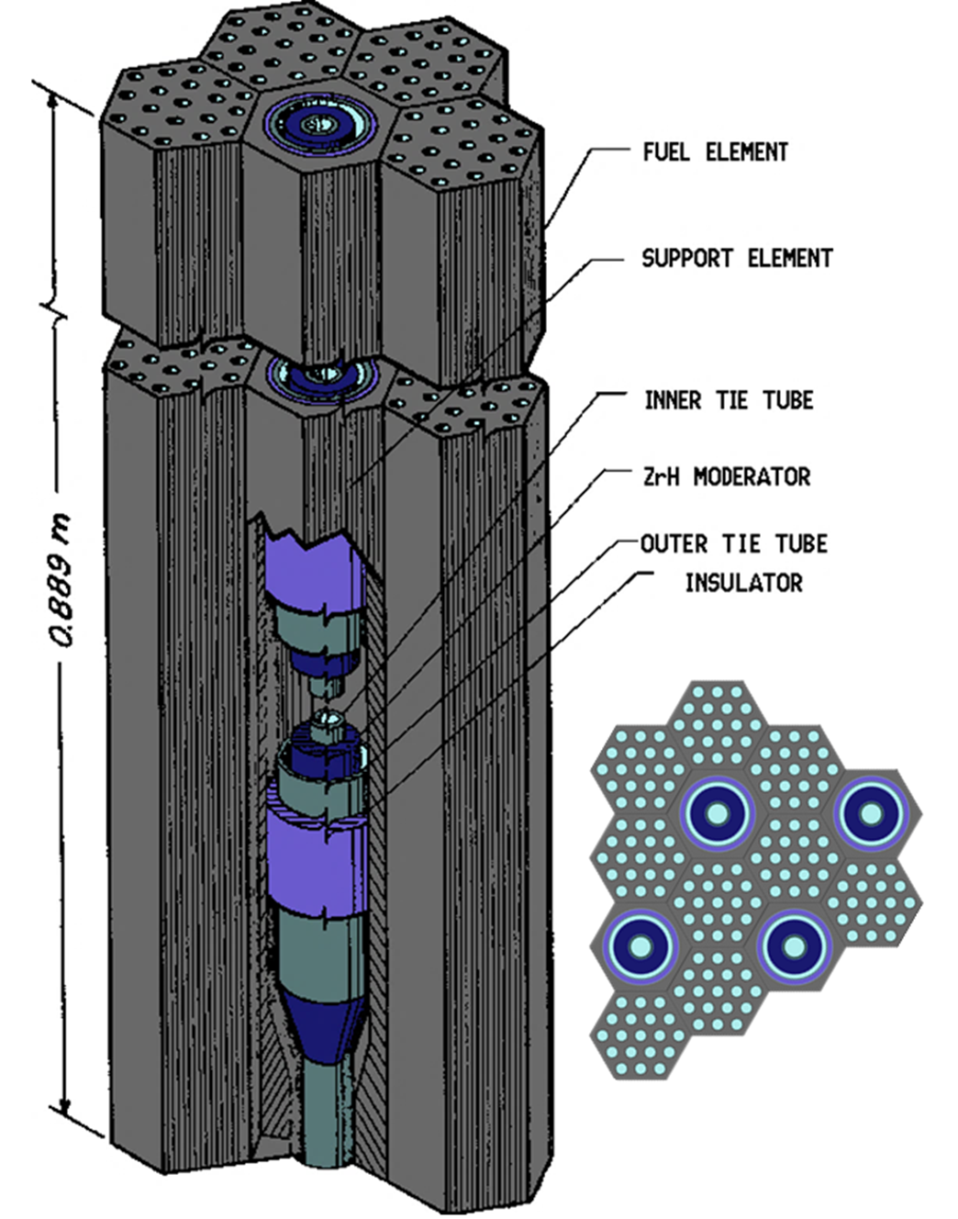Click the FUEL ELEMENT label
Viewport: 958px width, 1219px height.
pos(715,151)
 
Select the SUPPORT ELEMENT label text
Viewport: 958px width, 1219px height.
pos(737,258)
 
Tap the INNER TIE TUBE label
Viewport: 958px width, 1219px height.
pos(729,400)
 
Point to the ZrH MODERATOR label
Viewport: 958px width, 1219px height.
pos(725,476)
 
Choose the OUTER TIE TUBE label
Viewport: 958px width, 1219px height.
pos(733,544)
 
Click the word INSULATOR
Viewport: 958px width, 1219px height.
pos(743,583)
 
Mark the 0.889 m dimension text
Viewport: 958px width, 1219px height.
pos(62,579)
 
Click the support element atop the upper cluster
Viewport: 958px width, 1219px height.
pos(317,123)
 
